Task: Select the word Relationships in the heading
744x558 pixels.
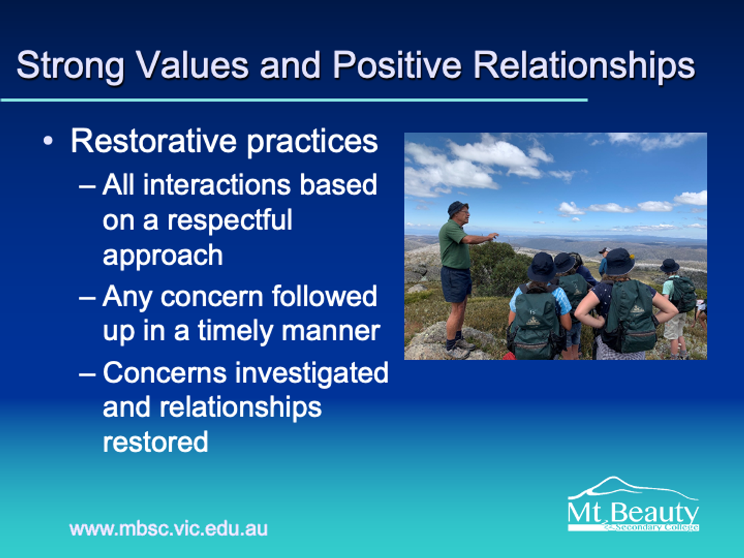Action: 584,66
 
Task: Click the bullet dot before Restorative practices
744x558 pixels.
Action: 48,141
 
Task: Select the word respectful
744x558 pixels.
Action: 230,221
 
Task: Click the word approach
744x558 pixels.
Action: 162,257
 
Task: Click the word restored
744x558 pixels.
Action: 155,442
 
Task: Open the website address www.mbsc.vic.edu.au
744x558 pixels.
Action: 169,529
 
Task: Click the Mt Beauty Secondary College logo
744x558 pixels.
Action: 633,505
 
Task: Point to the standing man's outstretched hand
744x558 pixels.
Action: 493,236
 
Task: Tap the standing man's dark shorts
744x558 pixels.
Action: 456,284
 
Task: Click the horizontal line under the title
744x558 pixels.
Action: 294,100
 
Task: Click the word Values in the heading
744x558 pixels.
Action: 192,65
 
